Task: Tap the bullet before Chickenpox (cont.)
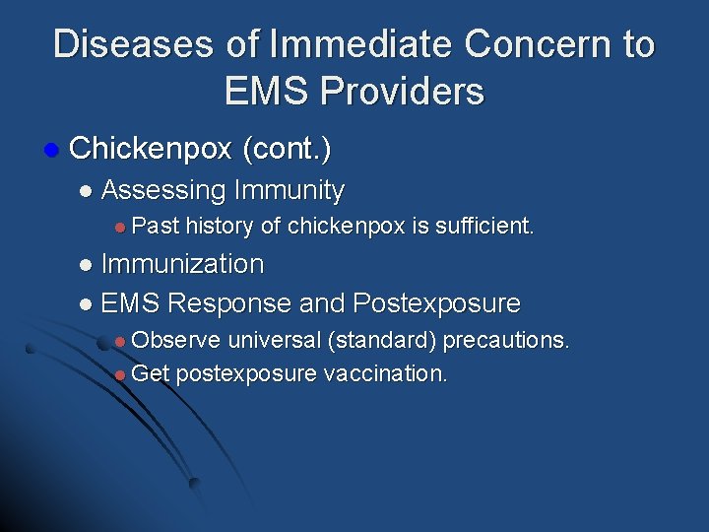[50, 151]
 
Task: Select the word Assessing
[163, 189]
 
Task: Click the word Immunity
[290, 189]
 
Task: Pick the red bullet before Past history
[119, 228]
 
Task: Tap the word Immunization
[182, 264]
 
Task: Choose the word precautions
[506, 341]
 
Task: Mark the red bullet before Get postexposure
[119, 375]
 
